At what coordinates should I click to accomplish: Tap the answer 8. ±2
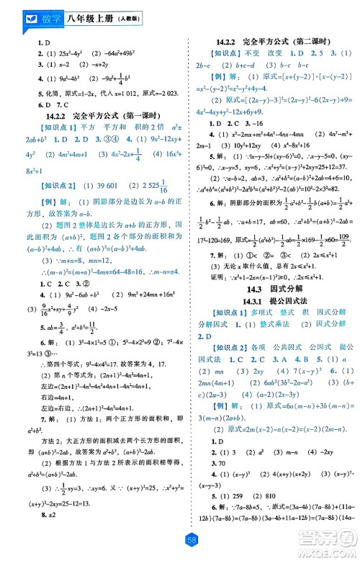(30, 516)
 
